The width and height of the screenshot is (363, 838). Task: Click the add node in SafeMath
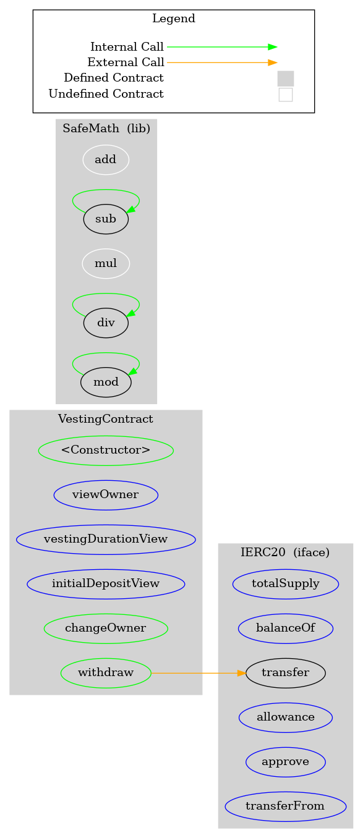click(106, 159)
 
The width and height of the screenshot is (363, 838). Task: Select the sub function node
click(106, 219)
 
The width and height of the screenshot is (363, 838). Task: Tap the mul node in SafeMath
click(106, 264)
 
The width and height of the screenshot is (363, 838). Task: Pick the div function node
click(106, 323)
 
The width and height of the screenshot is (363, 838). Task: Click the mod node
click(106, 383)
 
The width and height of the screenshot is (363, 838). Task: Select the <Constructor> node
click(106, 451)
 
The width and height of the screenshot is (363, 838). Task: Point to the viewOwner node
click(106, 495)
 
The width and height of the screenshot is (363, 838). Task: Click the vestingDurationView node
click(106, 540)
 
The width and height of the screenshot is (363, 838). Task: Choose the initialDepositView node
click(106, 585)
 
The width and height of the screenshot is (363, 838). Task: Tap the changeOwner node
click(106, 629)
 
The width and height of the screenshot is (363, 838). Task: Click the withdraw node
click(106, 674)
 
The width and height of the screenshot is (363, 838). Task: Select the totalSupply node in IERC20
click(286, 585)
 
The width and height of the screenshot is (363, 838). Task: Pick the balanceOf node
click(286, 629)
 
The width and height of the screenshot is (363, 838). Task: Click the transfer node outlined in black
click(286, 674)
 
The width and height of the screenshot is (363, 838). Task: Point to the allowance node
click(286, 718)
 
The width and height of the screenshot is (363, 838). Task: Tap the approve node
click(286, 763)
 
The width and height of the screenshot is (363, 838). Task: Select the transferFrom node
click(286, 807)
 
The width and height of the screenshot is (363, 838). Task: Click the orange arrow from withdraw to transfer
click(199, 674)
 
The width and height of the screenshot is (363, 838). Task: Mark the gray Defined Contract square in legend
click(286, 78)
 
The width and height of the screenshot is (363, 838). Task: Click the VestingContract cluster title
click(106, 419)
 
